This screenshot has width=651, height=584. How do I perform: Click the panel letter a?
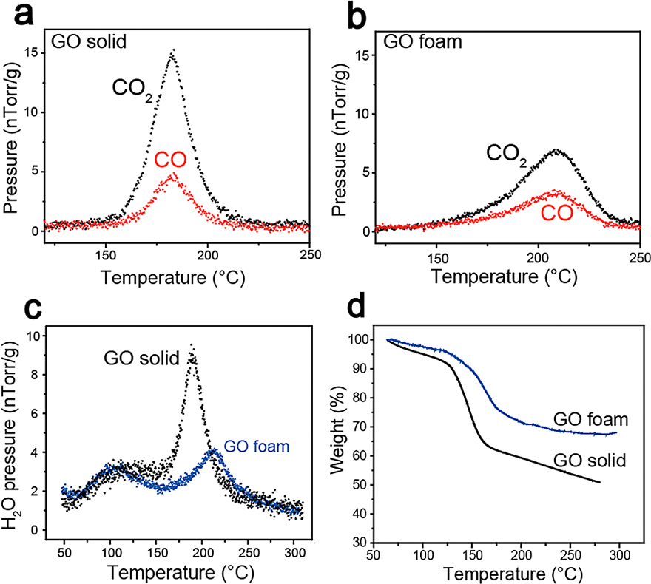(16, 16)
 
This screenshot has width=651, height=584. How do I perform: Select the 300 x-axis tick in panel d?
(620, 554)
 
